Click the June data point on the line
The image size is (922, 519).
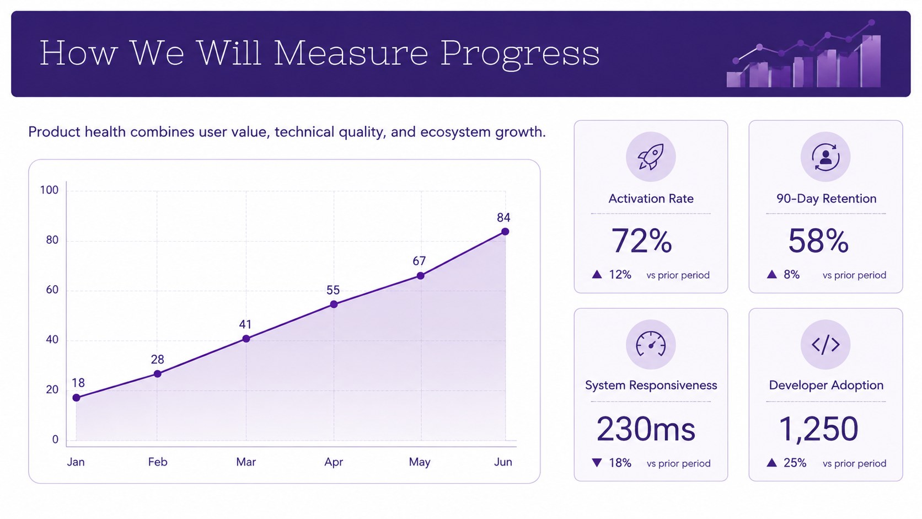pos(505,232)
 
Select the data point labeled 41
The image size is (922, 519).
pos(246,339)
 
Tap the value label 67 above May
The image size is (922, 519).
pos(419,261)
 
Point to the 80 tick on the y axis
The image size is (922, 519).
pos(52,240)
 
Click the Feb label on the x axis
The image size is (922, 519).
pos(158,462)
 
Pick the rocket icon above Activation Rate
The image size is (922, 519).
pos(651,157)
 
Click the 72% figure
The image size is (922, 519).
pos(642,241)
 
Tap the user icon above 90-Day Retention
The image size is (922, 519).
pos(825,157)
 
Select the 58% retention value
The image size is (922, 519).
pos(818,241)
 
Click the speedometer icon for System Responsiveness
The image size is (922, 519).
pos(651,344)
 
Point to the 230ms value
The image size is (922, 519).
pos(646,429)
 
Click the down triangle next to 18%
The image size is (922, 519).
pos(597,463)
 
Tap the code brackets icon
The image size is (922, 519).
pos(825,345)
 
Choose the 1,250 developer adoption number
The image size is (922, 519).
pos(819,429)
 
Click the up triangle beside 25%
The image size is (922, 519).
pos(772,463)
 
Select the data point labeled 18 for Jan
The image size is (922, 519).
pos(76,398)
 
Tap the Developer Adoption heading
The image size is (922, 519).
pos(826,385)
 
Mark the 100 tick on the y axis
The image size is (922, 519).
pos(49,190)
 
